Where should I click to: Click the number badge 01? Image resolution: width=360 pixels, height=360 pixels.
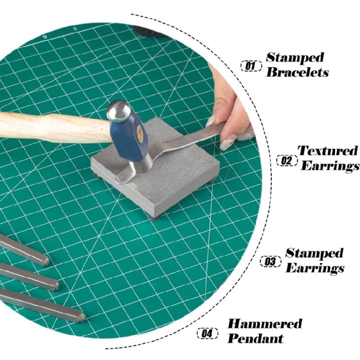coord(251,66)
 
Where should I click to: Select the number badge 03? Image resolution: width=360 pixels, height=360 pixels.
coord(271,262)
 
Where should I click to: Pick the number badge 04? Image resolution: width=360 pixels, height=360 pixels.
coord(208,334)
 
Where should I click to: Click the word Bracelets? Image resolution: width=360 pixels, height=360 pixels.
coord(297,72)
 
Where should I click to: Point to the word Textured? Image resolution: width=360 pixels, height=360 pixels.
coord(328,151)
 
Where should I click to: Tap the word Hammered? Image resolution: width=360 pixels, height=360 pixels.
coord(264,324)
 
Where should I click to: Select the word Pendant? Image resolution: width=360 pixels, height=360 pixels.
coord(256,338)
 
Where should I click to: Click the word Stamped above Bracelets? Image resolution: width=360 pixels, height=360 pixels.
coord(295,58)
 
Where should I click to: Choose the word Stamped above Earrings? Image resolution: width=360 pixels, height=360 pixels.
coord(314,253)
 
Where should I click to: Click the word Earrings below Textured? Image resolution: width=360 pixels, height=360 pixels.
coord(330,166)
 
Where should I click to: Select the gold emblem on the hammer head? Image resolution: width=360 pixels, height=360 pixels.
coord(140,134)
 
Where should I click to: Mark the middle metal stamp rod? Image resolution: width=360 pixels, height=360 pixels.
coord(29,277)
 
